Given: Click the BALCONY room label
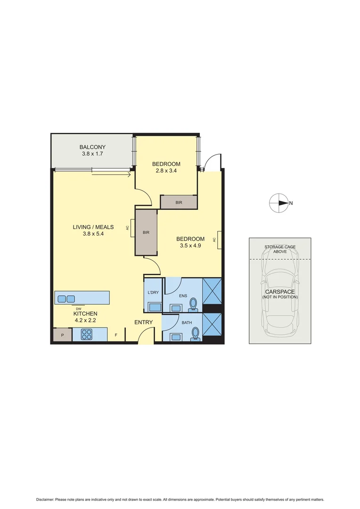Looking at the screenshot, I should tap(92, 147).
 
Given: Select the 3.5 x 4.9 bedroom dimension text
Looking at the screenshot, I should tap(190, 245).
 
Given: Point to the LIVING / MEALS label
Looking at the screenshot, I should tap(93, 227).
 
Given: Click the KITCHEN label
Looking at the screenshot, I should tap(85, 313).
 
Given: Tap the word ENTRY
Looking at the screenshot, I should tap(143, 322).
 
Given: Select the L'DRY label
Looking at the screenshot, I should tap(153, 293).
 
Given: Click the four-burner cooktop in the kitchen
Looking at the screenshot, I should tap(87, 335).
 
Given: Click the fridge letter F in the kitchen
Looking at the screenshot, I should tap(116, 335).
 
